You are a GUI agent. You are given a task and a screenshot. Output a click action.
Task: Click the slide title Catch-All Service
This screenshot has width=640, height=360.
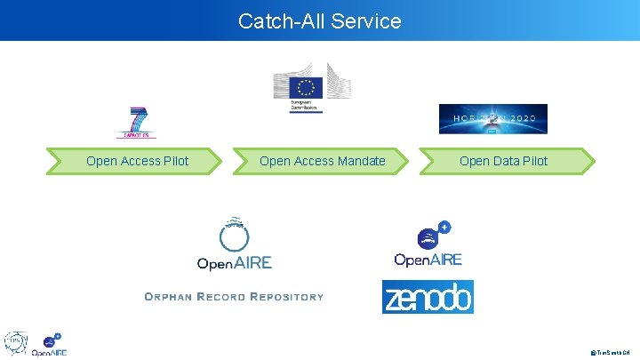(319, 20)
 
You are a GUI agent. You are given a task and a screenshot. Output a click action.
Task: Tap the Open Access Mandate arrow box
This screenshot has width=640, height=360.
(322, 161)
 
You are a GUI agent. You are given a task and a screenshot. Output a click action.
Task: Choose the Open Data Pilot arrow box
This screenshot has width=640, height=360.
(503, 161)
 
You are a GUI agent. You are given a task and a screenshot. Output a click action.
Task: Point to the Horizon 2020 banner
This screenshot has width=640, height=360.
(492, 119)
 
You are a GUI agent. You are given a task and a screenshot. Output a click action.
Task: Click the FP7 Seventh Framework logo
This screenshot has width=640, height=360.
(137, 123)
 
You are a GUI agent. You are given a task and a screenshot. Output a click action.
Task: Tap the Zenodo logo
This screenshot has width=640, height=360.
(428, 298)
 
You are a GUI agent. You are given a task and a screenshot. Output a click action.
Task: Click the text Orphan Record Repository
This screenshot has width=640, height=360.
(234, 296)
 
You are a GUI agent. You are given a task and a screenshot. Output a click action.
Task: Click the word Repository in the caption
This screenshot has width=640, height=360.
(288, 296)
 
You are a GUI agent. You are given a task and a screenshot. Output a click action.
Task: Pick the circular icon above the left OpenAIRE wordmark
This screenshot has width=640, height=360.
(234, 233)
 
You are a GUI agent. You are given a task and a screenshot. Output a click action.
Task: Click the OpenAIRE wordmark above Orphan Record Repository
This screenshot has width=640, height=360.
(234, 262)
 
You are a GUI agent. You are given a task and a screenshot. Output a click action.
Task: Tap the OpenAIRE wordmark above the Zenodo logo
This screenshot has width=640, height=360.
(428, 260)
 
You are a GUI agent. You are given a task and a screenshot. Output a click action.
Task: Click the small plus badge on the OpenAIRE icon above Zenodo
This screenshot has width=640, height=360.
(444, 228)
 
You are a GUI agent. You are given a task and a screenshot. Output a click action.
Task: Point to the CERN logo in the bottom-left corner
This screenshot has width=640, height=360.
(16, 343)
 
